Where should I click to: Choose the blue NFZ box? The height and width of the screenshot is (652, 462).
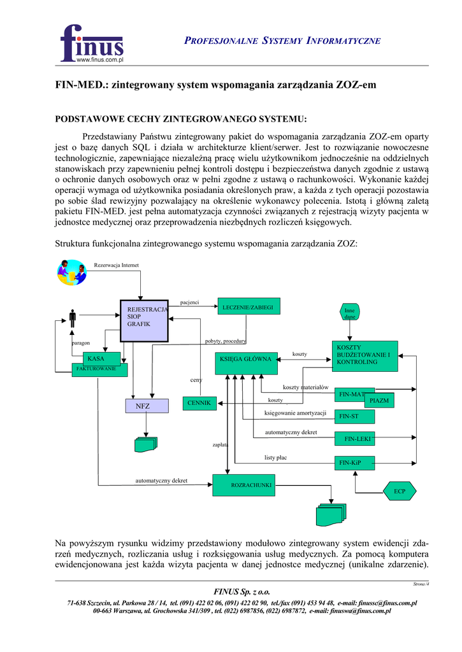tap(147, 406)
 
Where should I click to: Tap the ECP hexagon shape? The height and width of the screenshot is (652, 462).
tap(400, 491)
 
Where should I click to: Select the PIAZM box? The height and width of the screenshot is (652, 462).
tap(379, 400)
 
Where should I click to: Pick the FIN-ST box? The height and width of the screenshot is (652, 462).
tap(354, 416)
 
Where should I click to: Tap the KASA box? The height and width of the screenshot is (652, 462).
tap(96, 359)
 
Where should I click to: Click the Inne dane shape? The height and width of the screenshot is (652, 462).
tap(350, 312)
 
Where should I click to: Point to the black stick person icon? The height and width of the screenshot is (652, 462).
tap(73, 319)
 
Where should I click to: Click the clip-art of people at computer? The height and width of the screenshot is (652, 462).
tap(71, 273)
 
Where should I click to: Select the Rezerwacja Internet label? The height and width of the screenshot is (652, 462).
tap(116, 265)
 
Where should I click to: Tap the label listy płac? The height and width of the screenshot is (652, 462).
tap(276, 457)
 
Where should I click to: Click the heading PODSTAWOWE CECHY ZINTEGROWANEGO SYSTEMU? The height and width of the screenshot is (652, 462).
tap(181, 119)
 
